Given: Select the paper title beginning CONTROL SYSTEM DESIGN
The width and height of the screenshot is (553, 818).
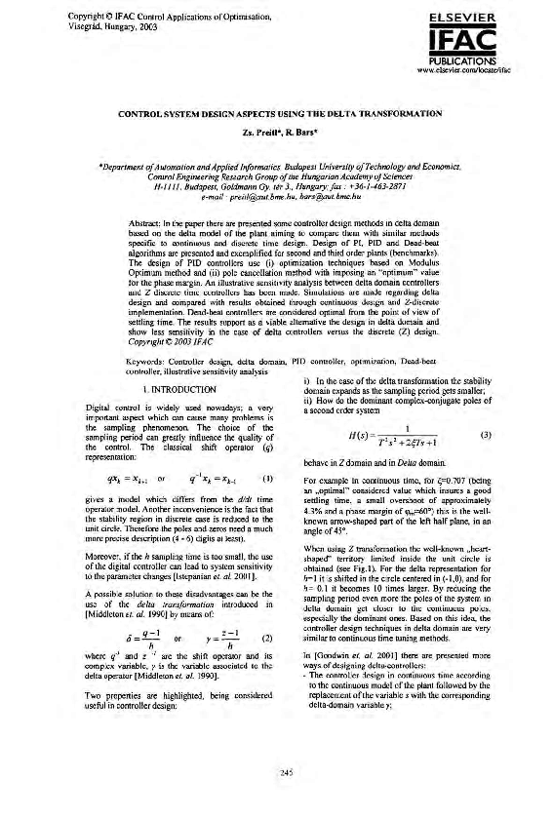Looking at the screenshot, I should pyautogui.click(x=276, y=115).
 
